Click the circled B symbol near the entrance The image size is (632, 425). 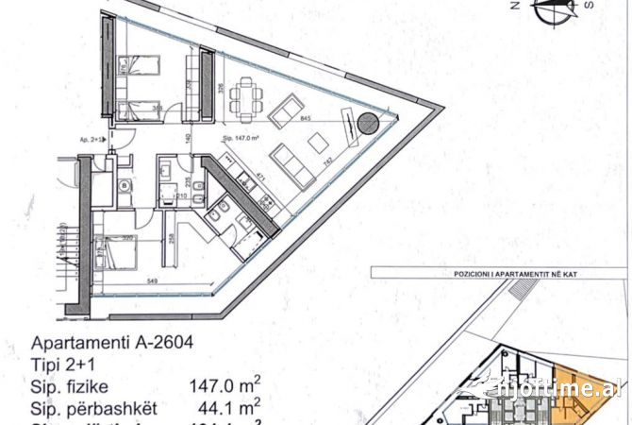coord(125,186)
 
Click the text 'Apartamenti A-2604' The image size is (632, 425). coord(112,344)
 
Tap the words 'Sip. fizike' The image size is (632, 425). coord(71,387)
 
